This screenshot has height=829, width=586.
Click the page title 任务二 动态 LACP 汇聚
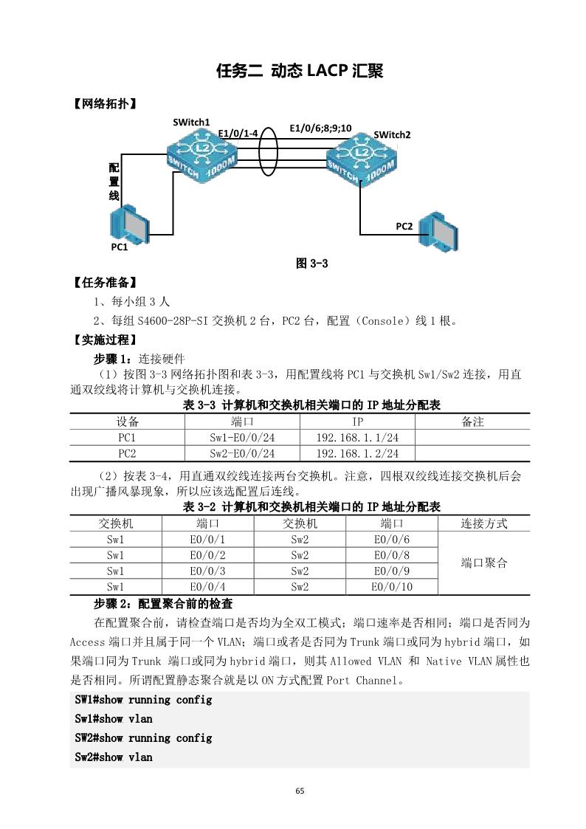tap(299, 71)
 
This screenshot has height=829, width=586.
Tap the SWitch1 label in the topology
tap(192, 122)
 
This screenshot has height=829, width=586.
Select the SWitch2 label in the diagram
tap(392, 134)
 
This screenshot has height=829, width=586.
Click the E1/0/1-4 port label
tap(238, 133)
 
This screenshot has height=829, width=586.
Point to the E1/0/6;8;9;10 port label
tap(320, 128)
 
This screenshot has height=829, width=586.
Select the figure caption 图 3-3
tap(311, 264)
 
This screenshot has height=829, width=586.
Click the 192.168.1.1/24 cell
tap(357, 438)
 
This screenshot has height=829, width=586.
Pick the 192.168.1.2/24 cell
tap(357, 453)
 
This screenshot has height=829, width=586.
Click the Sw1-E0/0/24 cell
tap(242, 438)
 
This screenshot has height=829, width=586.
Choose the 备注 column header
tap(472, 422)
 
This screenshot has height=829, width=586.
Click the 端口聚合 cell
tap(484, 563)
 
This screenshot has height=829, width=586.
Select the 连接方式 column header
tap(484, 523)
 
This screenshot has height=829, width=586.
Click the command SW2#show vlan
tap(114, 757)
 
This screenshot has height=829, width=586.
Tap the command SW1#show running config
tap(143, 699)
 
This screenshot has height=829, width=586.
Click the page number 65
tap(300, 791)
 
